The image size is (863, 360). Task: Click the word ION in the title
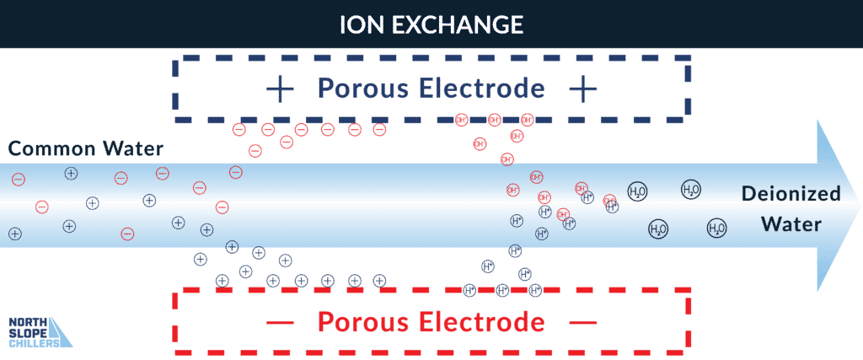[356, 24]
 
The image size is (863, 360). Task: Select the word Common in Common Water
[46, 150]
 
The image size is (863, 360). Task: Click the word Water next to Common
[128, 150]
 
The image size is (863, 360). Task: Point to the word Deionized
[791, 194]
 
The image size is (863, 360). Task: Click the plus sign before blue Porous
[279, 88]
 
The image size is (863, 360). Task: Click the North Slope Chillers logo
[38, 331]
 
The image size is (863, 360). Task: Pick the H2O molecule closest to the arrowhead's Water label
[716, 227]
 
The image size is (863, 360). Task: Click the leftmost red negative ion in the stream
[18, 179]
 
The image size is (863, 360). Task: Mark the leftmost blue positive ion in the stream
[14, 234]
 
